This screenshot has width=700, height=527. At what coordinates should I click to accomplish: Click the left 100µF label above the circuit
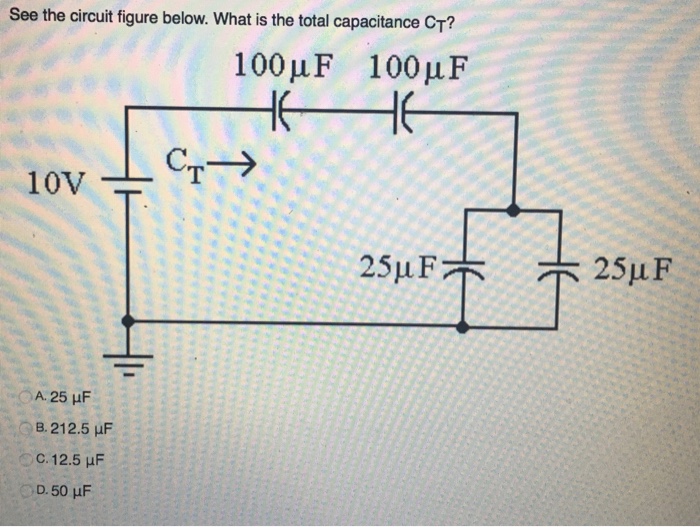coord(285,68)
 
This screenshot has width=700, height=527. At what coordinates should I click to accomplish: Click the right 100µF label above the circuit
coord(418,68)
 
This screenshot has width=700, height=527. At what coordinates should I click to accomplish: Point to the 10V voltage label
coord(56,183)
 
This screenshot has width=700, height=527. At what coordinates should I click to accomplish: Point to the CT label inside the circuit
coord(187,163)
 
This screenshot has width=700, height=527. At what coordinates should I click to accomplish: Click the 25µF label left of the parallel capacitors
coord(399,268)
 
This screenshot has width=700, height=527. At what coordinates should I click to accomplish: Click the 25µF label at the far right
coord(633,268)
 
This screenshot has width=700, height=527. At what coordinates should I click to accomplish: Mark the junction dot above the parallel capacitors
coord(513,210)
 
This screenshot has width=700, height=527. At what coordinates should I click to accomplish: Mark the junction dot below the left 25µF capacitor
coord(462,326)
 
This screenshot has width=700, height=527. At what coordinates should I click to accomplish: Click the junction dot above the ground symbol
coord(127,320)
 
